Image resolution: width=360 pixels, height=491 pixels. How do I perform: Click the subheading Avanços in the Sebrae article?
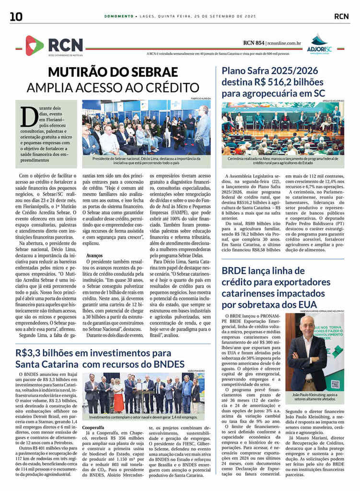(x=94, y=256)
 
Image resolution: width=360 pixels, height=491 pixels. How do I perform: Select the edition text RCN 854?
(x=254, y=43)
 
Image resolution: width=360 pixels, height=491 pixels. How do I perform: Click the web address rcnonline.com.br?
(x=284, y=43)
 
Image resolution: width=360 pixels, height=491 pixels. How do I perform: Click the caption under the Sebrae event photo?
(x=146, y=160)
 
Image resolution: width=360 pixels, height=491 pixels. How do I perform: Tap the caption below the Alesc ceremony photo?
(x=282, y=160)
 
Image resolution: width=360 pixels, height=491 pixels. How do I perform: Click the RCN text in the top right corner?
(x=341, y=16)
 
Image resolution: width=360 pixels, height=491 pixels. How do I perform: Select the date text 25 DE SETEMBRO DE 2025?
(x=226, y=16)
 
